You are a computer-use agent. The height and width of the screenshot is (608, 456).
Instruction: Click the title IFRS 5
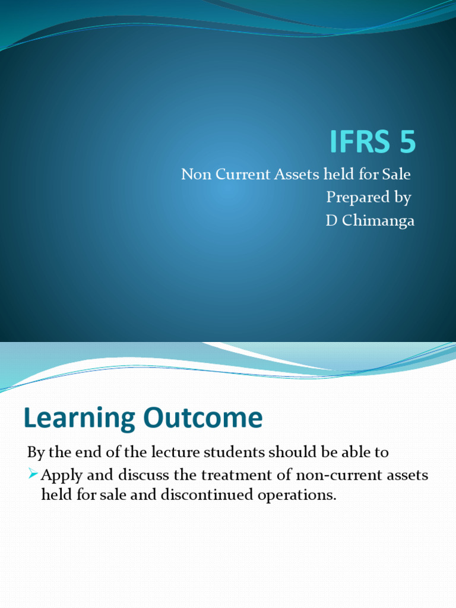coord(373,142)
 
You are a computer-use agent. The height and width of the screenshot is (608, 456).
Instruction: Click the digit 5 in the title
coord(407,142)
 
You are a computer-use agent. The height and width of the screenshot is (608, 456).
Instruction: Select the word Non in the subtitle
coord(194,175)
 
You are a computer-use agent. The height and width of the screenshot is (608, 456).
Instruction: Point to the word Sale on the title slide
coord(397,175)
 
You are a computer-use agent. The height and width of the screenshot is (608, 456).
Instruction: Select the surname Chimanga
coord(377,221)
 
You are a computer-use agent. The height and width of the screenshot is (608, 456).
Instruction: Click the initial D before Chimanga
coord(331,221)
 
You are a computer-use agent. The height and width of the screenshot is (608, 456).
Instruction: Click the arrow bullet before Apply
coord(33,476)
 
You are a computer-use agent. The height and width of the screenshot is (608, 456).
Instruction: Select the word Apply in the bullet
coord(58,476)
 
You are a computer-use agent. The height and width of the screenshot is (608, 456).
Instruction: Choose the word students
coord(234,452)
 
